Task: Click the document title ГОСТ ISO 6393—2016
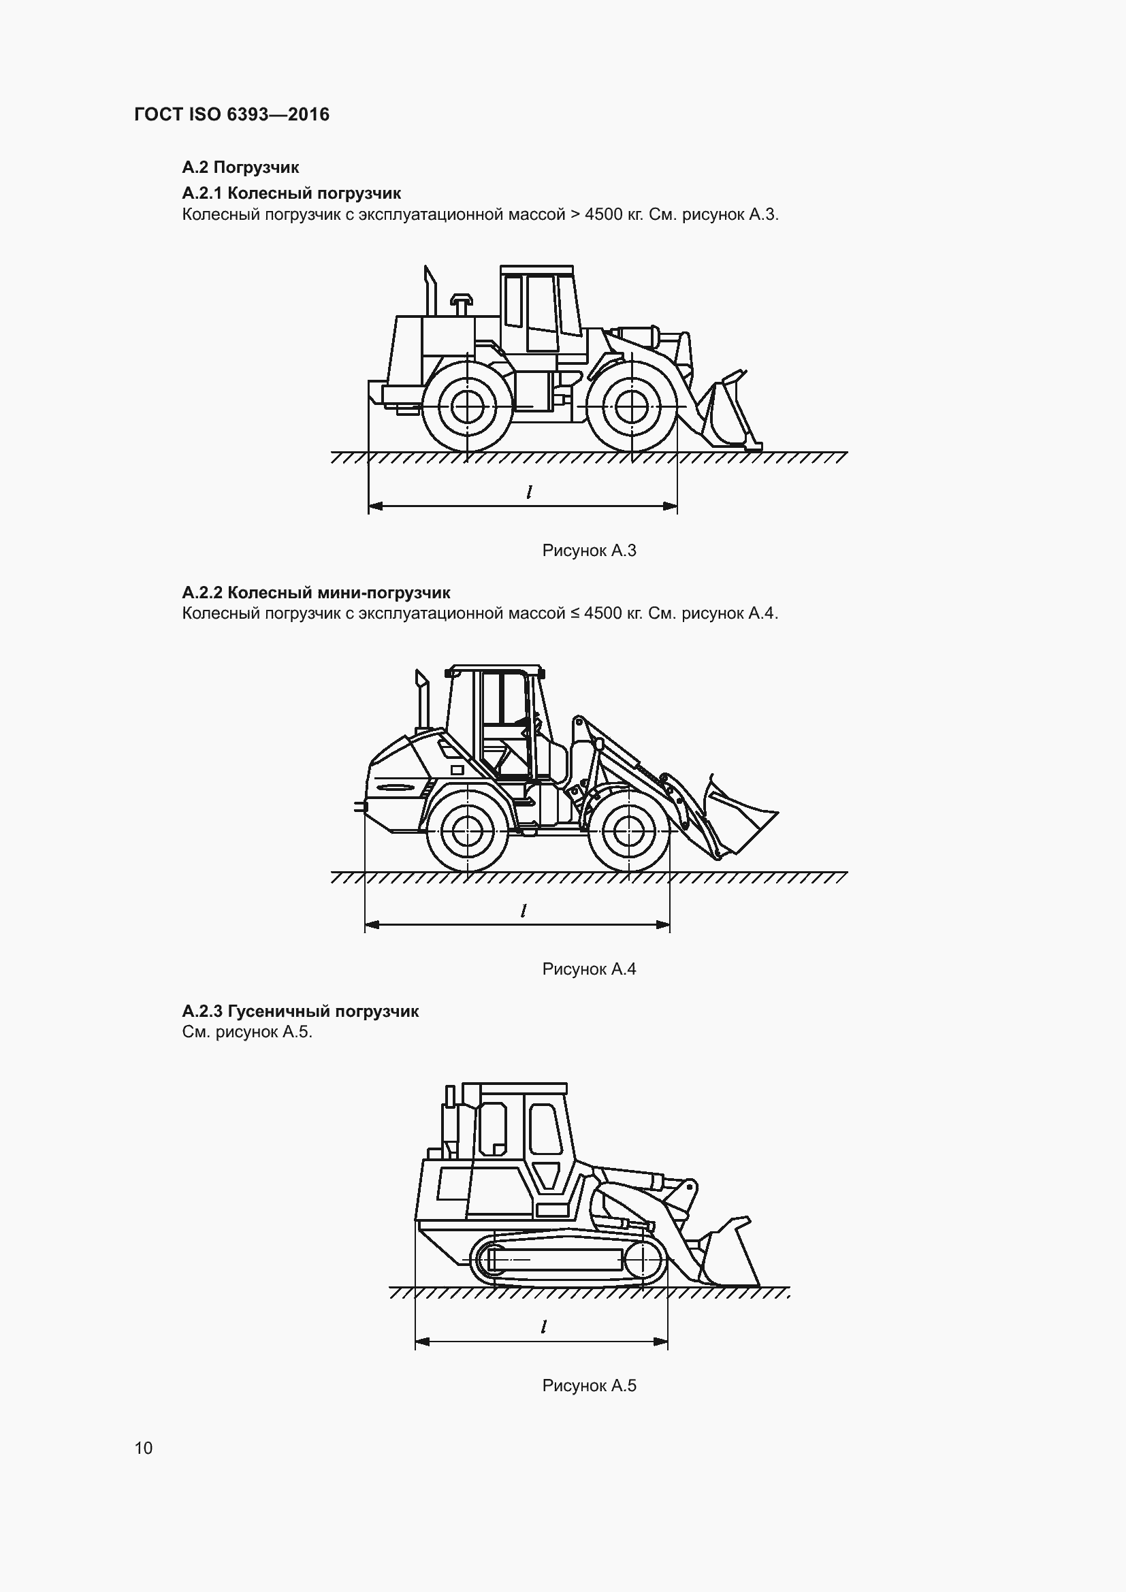pyautogui.click(x=231, y=114)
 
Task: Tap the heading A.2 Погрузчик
pyautogui.click(x=240, y=167)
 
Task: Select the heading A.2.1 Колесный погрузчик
pyautogui.click(x=291, y=193)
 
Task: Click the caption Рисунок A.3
pyautogui.click(x=589, y=551)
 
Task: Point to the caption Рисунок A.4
pyautogui.click(x=589, y=969)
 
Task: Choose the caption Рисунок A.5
pyautogui.click(x=589, y=1385)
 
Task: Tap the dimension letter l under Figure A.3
pyautogui.click(x=530, y=492)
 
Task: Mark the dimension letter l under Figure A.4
pyautogui.click(x=524, y=911)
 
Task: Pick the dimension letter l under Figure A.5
pyautogui.click(x=545, y=1327)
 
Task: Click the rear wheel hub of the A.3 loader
pyautogui.click(x=468, y=406)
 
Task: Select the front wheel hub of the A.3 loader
pyautogui.click(x=632, y=406)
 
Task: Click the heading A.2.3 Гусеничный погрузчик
pyautogui.click(x=300, y=1011)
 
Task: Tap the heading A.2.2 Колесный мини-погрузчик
pyautogui.click(x=316, y=593)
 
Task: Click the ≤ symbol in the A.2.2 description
pyautogui.click(x=575, y=614)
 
